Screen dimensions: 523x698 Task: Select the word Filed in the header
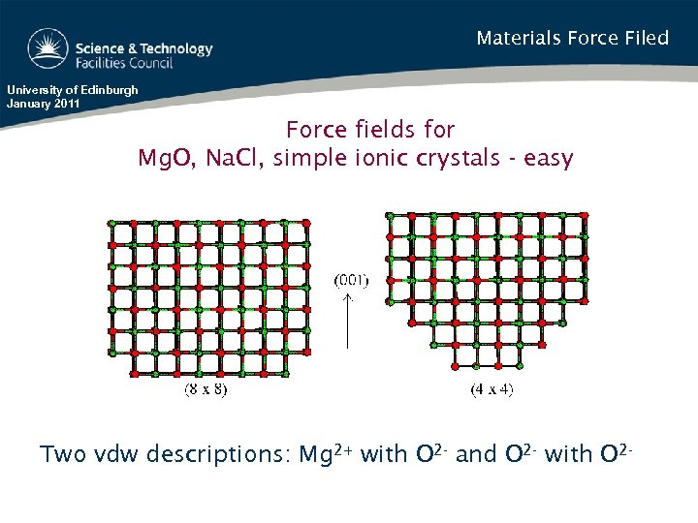[645, 39]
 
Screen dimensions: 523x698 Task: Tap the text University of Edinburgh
[73, 90]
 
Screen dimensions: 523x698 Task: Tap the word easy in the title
[549, 157]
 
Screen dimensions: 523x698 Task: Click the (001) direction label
[351, 281]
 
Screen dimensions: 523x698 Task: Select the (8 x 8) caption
[206, 390]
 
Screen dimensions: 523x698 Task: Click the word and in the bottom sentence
[476, 454]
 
